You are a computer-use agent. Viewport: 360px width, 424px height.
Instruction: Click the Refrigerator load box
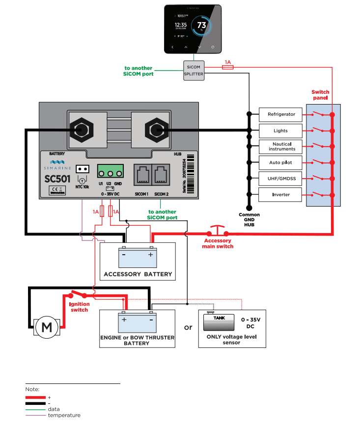(x=281, y=114)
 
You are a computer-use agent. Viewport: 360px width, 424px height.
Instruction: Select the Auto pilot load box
(x=281, y=162)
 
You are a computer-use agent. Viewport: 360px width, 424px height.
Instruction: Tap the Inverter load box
(x=281, y=194)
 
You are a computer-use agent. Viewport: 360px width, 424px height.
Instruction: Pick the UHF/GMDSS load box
(x=281, y=179)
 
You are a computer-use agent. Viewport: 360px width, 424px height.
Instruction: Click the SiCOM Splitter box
(x=193, y=70)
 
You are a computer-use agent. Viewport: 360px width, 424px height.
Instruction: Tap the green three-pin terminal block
(x=110, y=172)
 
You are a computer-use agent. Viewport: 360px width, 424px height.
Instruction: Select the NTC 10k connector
(x=82, y=170)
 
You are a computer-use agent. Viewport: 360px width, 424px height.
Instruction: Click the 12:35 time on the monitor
(x=180, y=24)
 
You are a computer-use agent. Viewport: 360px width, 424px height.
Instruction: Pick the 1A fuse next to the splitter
(x=227, y=68)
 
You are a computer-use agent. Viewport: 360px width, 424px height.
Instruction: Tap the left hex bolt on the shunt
(x=81, y=129)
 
